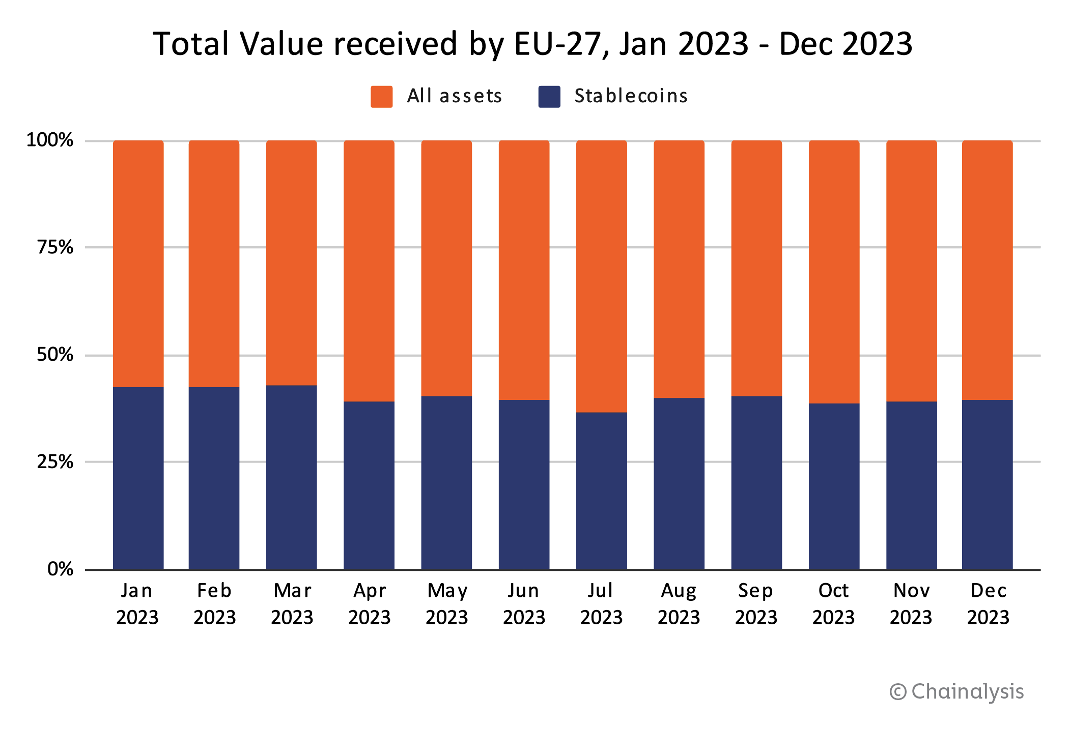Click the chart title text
(532, 44)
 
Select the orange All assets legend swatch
(381, 97)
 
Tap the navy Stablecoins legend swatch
(549, 97)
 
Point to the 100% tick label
(50, 140)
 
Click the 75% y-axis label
(55, 247)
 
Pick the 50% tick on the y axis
(55, 355)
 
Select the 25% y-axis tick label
(55, 462)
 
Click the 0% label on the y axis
(60, 569)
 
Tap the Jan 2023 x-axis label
(137, 604)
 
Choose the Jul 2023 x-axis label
(601, 604)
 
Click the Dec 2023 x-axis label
(988, 604)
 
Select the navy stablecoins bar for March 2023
(292, 477)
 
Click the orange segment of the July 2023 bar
(601, 276)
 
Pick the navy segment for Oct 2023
(834, 486)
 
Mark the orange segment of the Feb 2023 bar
(214, 264)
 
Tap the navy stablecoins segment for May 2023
(446, 483)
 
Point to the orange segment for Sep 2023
(756, 268)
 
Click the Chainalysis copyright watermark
(956, 692)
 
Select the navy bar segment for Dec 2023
(987, 484)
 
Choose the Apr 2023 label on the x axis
(369, 604)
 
